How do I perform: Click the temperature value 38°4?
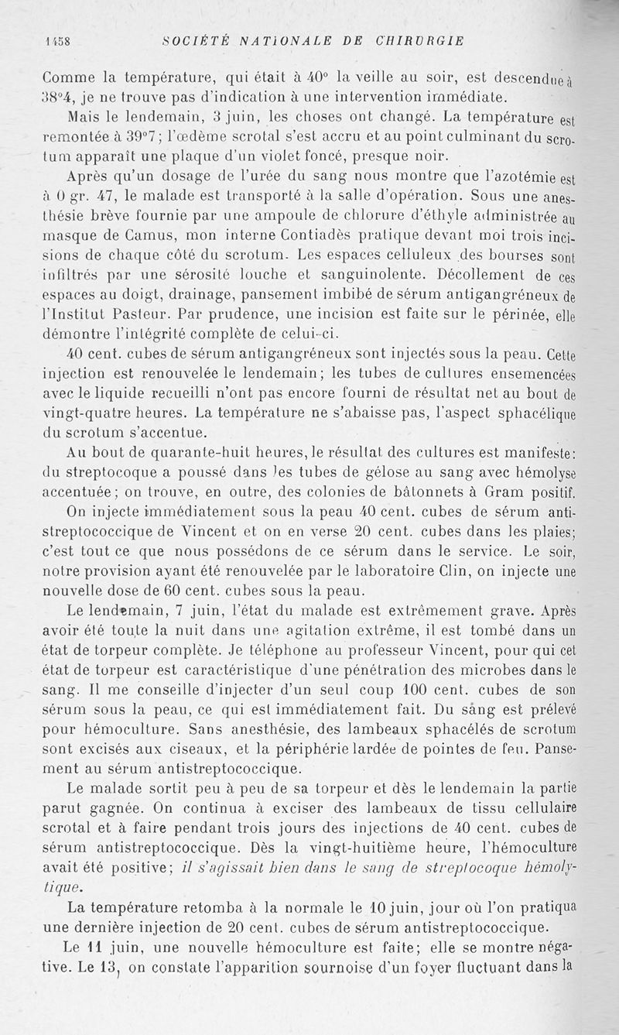pos(56,97)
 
